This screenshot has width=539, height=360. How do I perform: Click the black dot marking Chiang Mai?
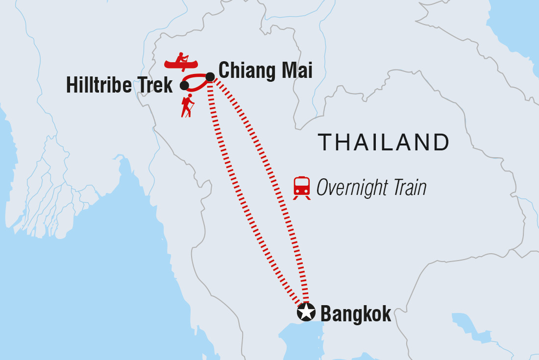tap(210, 76)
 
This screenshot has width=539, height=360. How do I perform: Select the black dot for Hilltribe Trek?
tap(184, 86)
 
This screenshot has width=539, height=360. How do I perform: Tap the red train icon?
tap(301, 187)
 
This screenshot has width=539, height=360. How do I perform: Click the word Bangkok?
tap(356, 313)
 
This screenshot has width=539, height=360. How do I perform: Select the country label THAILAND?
tap(384, 143)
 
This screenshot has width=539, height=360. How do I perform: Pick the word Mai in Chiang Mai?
tap(296, 71)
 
